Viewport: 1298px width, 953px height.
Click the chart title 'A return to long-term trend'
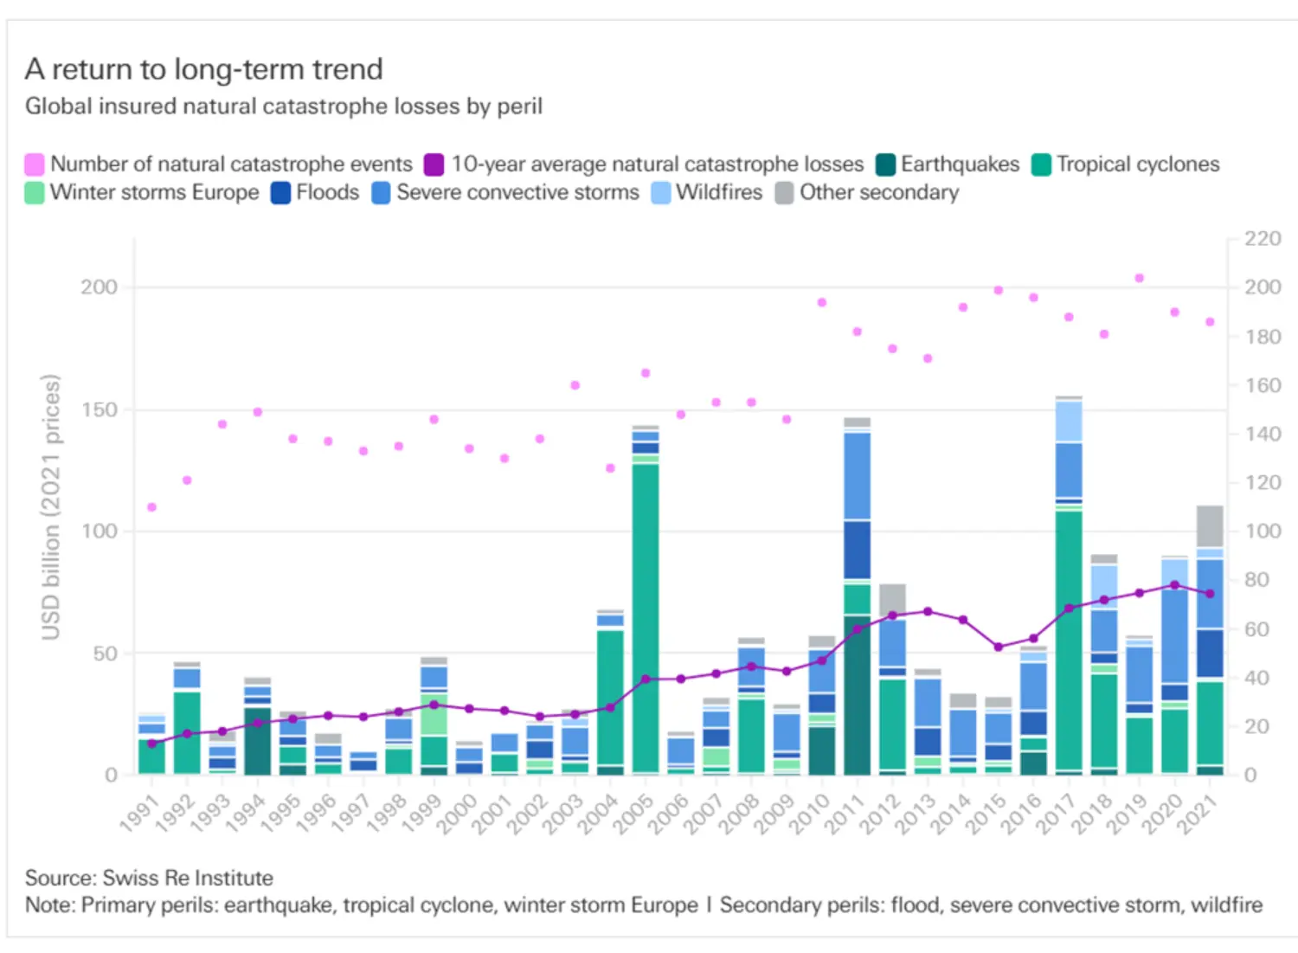[x=203, y=69]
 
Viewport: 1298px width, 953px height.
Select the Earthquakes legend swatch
[x=884, y=164]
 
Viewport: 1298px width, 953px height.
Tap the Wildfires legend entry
[x=718, y=192]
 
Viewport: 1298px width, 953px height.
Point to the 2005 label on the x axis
[x=633, y=815]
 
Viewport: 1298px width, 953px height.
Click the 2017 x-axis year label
[x=1057, y=815]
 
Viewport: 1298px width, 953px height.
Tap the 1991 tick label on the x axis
[x=139, y=815]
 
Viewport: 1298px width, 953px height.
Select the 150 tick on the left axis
[x=99, y=409]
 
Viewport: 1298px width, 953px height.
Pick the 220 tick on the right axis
[x=1263, y=239]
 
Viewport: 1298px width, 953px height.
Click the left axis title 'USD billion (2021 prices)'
[x=51, y=507]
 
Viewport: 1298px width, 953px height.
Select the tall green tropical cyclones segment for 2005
[x=645, y=615]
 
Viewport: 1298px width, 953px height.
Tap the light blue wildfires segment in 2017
[x=1069, y=422]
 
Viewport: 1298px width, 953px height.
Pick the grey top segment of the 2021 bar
[x=1210, y=525]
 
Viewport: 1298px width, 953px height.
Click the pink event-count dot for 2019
[x=1140, y=278]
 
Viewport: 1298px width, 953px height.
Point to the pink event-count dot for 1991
[x=151, y=507]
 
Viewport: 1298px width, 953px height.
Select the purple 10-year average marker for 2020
[x=1174, y=585]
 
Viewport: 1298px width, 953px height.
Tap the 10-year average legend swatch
[x=434, y=164]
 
